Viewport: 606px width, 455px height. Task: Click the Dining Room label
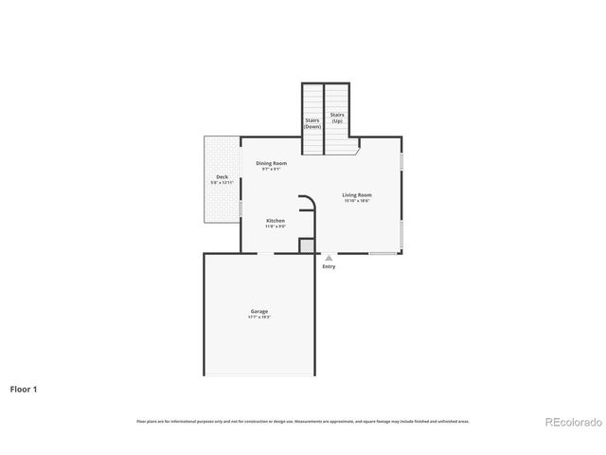point(272,163)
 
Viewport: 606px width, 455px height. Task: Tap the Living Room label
point(357,195)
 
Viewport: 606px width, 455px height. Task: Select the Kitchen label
point(275,221)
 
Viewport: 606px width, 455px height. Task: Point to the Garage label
point(259,311)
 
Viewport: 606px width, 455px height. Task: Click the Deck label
point(222,176)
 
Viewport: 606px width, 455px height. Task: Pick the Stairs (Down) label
point(312,123)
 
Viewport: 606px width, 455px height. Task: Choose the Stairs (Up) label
point(337,118)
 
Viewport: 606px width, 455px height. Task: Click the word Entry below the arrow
point(329,266)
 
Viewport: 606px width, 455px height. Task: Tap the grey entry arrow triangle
point(329,257)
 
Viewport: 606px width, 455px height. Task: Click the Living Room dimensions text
point(357,201)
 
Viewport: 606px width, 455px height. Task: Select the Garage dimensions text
point(259,317)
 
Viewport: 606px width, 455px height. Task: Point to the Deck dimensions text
point(222,182)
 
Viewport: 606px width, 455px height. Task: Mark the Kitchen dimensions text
point(275,227)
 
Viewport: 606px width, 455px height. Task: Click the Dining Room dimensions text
point(272,169)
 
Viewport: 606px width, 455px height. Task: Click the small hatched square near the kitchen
point(306,246)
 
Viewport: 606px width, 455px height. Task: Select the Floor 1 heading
point(24,389)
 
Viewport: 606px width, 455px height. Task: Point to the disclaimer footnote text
point(303,421)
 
